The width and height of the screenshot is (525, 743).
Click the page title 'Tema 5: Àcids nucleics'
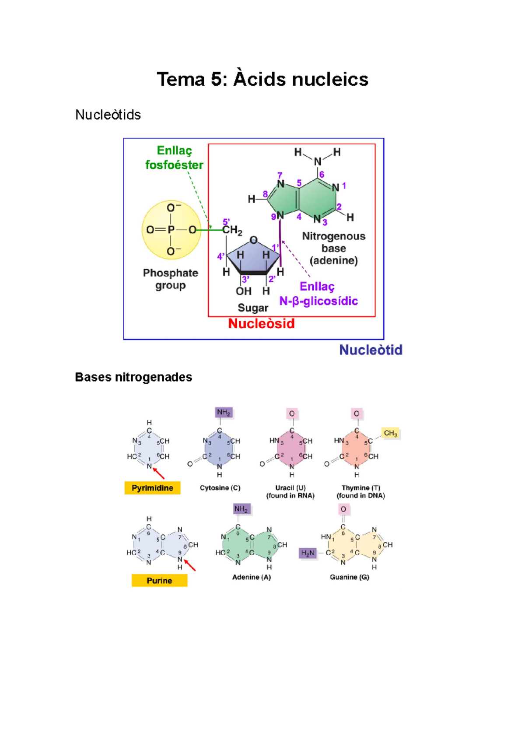(262, 80)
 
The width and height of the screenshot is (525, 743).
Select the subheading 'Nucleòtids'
(108, 115)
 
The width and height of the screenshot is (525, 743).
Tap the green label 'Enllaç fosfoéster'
(174, 158)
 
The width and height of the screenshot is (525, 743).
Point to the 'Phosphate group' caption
(171, 279)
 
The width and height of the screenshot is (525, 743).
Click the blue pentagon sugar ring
(253, 258)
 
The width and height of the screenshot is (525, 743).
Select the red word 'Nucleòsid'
(261, 324)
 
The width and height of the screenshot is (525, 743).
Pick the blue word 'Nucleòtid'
(371, 350)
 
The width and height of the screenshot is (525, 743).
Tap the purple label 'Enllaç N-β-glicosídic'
(318, 294)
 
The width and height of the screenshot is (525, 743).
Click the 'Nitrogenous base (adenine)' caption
(334, 249)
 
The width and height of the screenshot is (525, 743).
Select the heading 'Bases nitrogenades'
(133, 377)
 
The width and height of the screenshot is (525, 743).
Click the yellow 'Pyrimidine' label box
(152, 488)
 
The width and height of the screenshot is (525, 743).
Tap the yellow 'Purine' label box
(159, 581)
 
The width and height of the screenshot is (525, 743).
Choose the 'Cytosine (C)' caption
(220, 488)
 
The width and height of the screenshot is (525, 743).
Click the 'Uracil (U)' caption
(290, 488)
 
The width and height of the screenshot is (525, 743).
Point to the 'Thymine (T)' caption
(361, 488)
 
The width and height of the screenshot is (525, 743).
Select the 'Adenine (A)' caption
(252, 577)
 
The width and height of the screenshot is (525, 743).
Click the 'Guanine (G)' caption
(350, 577)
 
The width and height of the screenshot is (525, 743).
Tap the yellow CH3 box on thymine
(390, 433)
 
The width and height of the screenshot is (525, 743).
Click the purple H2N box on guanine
(308, 553)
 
